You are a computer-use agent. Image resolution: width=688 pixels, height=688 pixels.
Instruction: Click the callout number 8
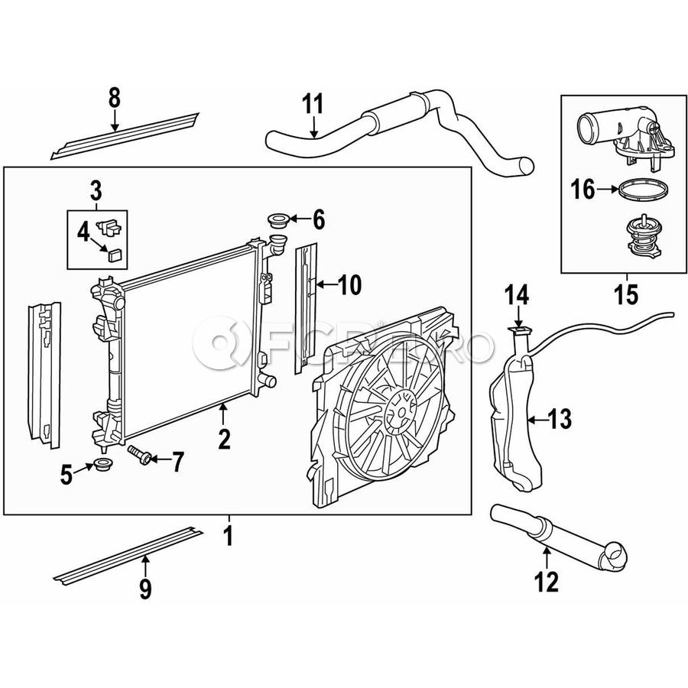point(115,97)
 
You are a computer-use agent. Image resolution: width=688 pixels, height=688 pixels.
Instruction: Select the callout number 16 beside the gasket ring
point(583,189)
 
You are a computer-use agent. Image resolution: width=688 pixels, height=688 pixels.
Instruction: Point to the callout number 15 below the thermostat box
point(626,294)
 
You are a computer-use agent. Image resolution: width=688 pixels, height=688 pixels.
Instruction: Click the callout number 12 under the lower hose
point(547,583)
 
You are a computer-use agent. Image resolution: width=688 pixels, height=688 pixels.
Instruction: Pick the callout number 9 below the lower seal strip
point(145,589)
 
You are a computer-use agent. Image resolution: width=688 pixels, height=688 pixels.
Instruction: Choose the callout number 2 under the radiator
point(223,438)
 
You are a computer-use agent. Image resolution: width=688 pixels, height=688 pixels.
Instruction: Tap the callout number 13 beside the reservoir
point(560,418)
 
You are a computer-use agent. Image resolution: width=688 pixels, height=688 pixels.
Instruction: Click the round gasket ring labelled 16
point(635,189)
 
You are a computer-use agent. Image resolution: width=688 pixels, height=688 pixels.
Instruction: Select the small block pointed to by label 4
point(115,255)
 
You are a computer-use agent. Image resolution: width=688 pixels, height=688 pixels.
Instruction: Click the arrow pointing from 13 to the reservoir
point(538,418)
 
